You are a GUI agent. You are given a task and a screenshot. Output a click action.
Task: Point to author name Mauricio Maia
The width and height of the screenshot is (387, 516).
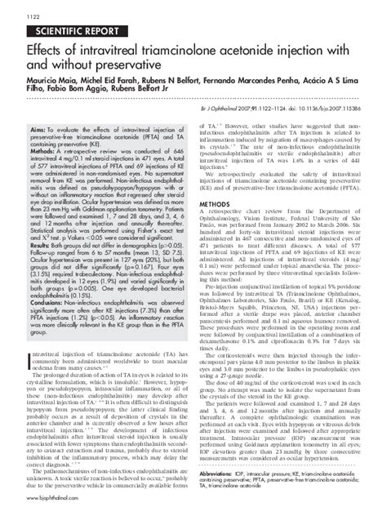39,82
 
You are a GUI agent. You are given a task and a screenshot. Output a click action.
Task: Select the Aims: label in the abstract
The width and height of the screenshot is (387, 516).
30,130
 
